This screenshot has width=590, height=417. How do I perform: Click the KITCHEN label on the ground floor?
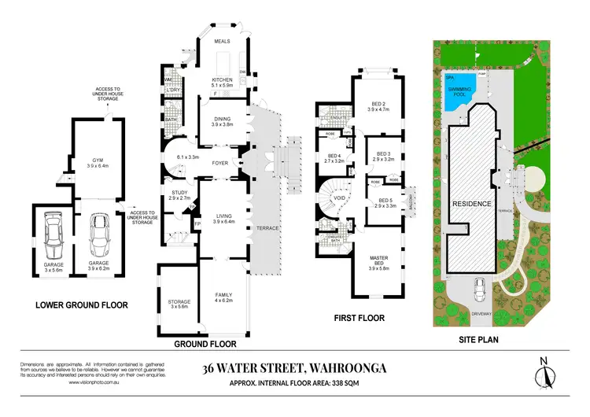pyautogui.click(x=223, y=79)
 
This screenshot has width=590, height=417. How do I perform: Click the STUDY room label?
pyautogui.click(x=179, y=192)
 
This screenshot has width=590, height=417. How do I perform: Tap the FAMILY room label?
pyautogui.click(x=223, y=294)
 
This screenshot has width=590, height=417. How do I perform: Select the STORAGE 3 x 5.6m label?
pyautogui.click(x=179, y=301)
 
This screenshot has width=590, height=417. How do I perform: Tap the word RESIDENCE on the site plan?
pyautogui.click(x=470, y=203)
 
